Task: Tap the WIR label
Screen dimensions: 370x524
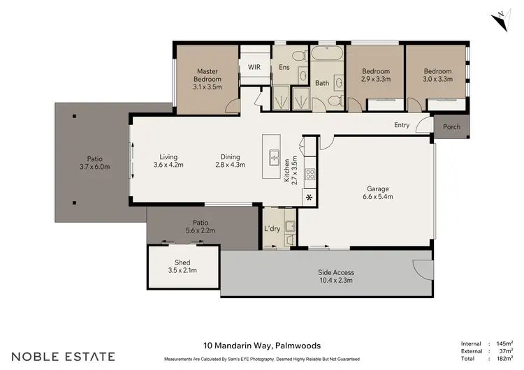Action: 254,67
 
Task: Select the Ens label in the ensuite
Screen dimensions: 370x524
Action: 284,67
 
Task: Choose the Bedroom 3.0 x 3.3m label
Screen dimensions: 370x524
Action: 437,75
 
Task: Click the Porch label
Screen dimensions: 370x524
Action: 452,127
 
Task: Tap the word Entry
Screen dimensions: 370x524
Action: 402,125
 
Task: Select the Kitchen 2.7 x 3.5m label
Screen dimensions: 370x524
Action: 290,170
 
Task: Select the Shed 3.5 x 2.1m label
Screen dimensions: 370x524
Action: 183,265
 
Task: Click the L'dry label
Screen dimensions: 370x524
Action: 272,229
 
